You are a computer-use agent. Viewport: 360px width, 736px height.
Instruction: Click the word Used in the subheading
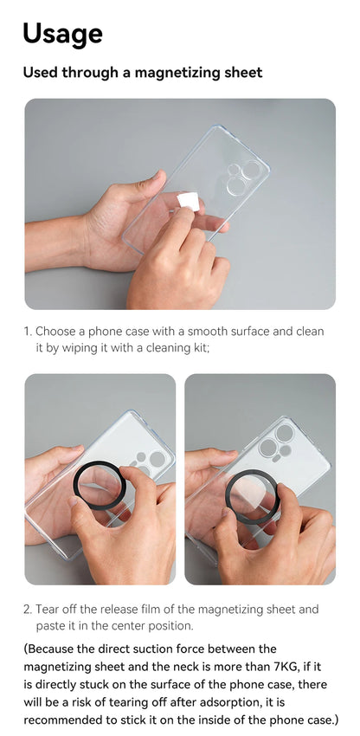(x=41, y=73)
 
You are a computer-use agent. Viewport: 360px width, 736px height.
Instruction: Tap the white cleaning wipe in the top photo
(x=188, y=202)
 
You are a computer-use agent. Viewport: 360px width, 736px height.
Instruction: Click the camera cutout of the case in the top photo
(x=241, y=177)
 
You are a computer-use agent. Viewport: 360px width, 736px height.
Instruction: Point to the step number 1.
(x=27, y=332)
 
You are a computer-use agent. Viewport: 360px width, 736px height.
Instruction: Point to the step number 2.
(x=27, y=610)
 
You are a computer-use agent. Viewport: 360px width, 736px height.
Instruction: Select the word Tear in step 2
(x=49, y=610)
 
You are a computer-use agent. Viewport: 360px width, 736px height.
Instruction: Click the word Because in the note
(x=57, y=649)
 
